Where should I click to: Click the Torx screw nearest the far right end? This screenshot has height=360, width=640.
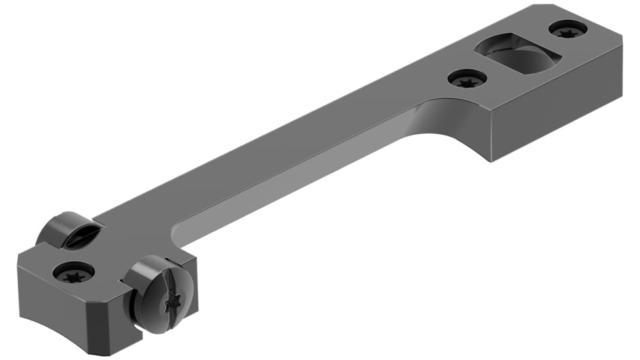click(x=567, y=29)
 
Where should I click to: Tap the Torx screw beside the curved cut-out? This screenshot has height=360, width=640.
click(x=467, y=79)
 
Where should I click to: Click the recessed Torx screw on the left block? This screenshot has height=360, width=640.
click(x=73, y=271)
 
